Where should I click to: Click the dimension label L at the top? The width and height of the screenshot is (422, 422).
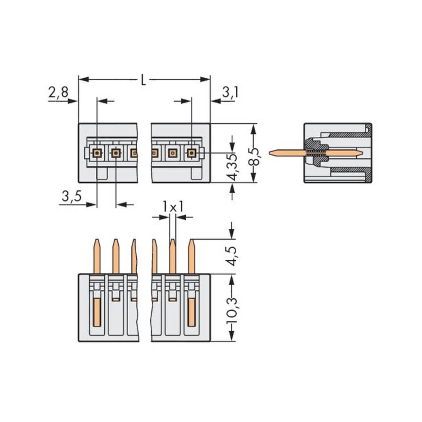(x=143, y=80)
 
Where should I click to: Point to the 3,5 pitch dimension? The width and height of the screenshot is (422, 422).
(x=70, y=196)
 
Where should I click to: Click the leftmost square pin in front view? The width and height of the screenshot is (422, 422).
(x=97, y=153)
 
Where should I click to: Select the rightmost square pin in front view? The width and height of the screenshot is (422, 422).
(x=191, y=153)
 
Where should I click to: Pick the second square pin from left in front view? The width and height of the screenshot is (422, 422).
(x=116, y=153)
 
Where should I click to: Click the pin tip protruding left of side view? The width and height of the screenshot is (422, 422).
(x=274, y=152)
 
